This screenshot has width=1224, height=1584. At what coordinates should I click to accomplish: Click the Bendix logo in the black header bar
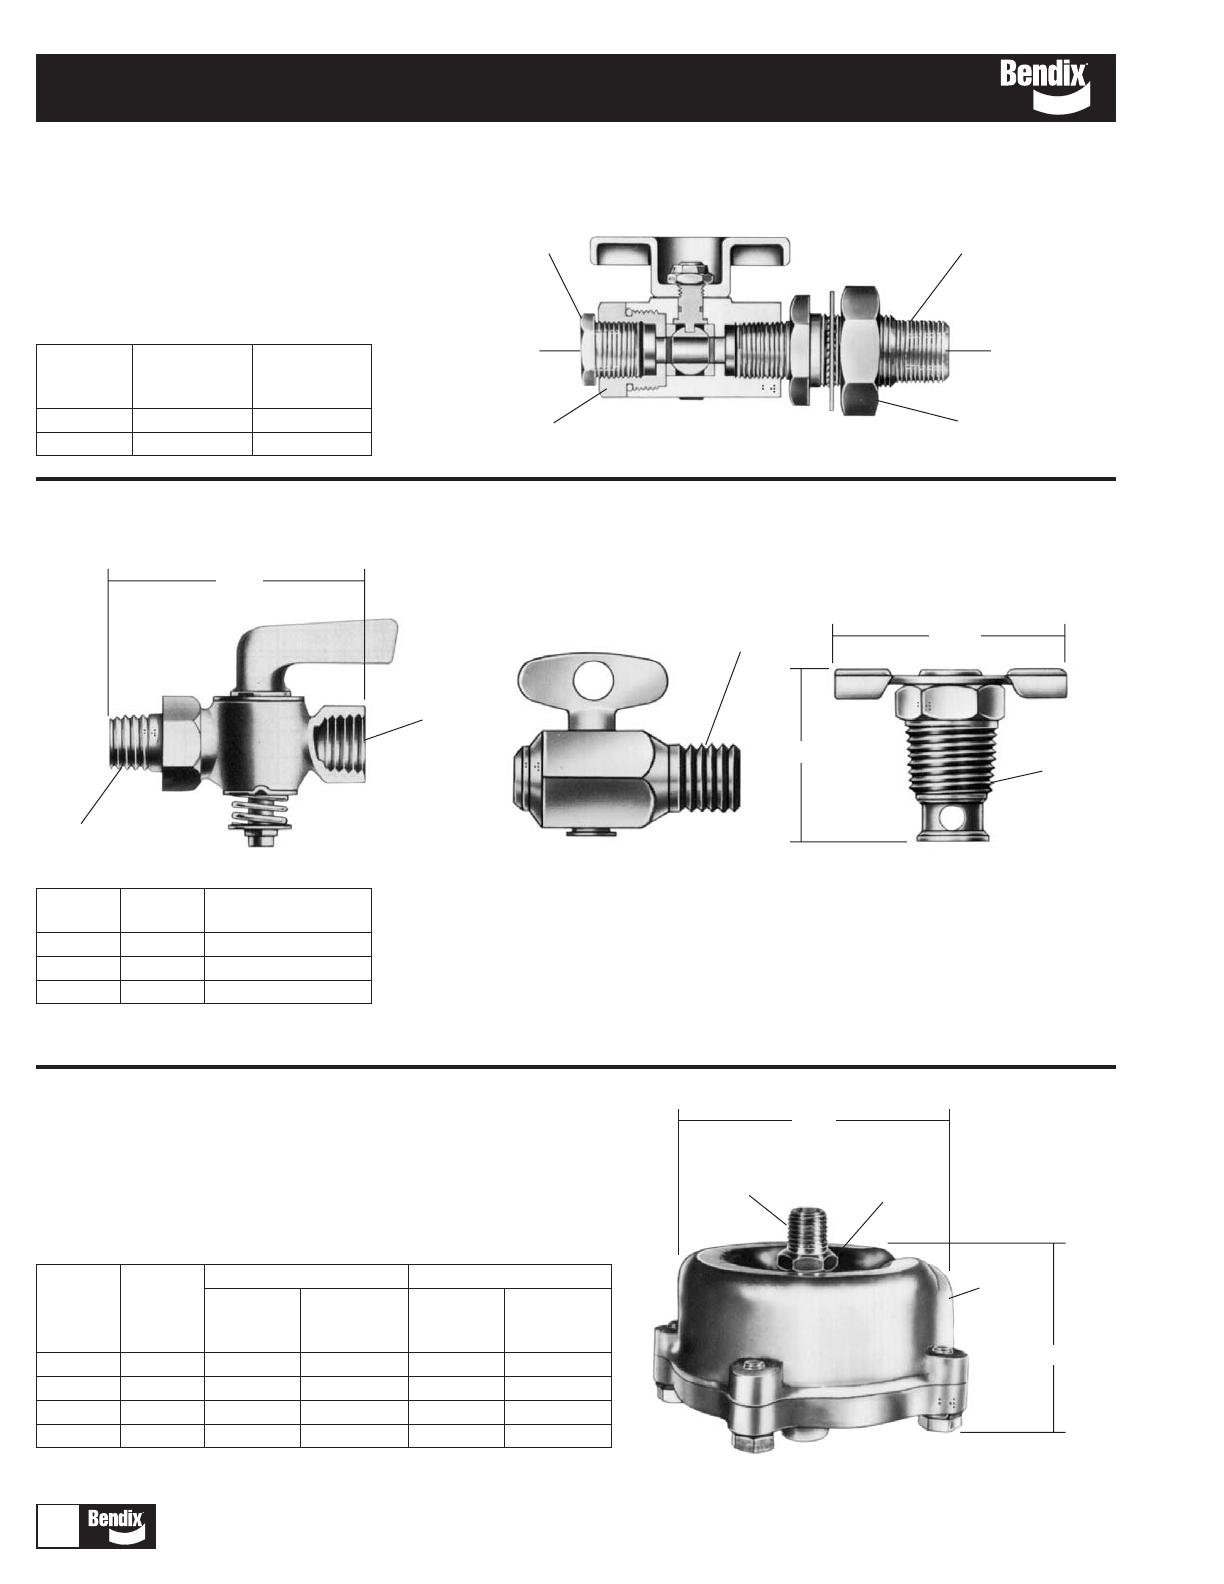[1045, 87]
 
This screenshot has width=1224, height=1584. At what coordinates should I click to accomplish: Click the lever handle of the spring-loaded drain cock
[315, 656]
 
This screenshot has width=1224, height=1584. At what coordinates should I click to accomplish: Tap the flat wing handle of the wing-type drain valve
[949, 680]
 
